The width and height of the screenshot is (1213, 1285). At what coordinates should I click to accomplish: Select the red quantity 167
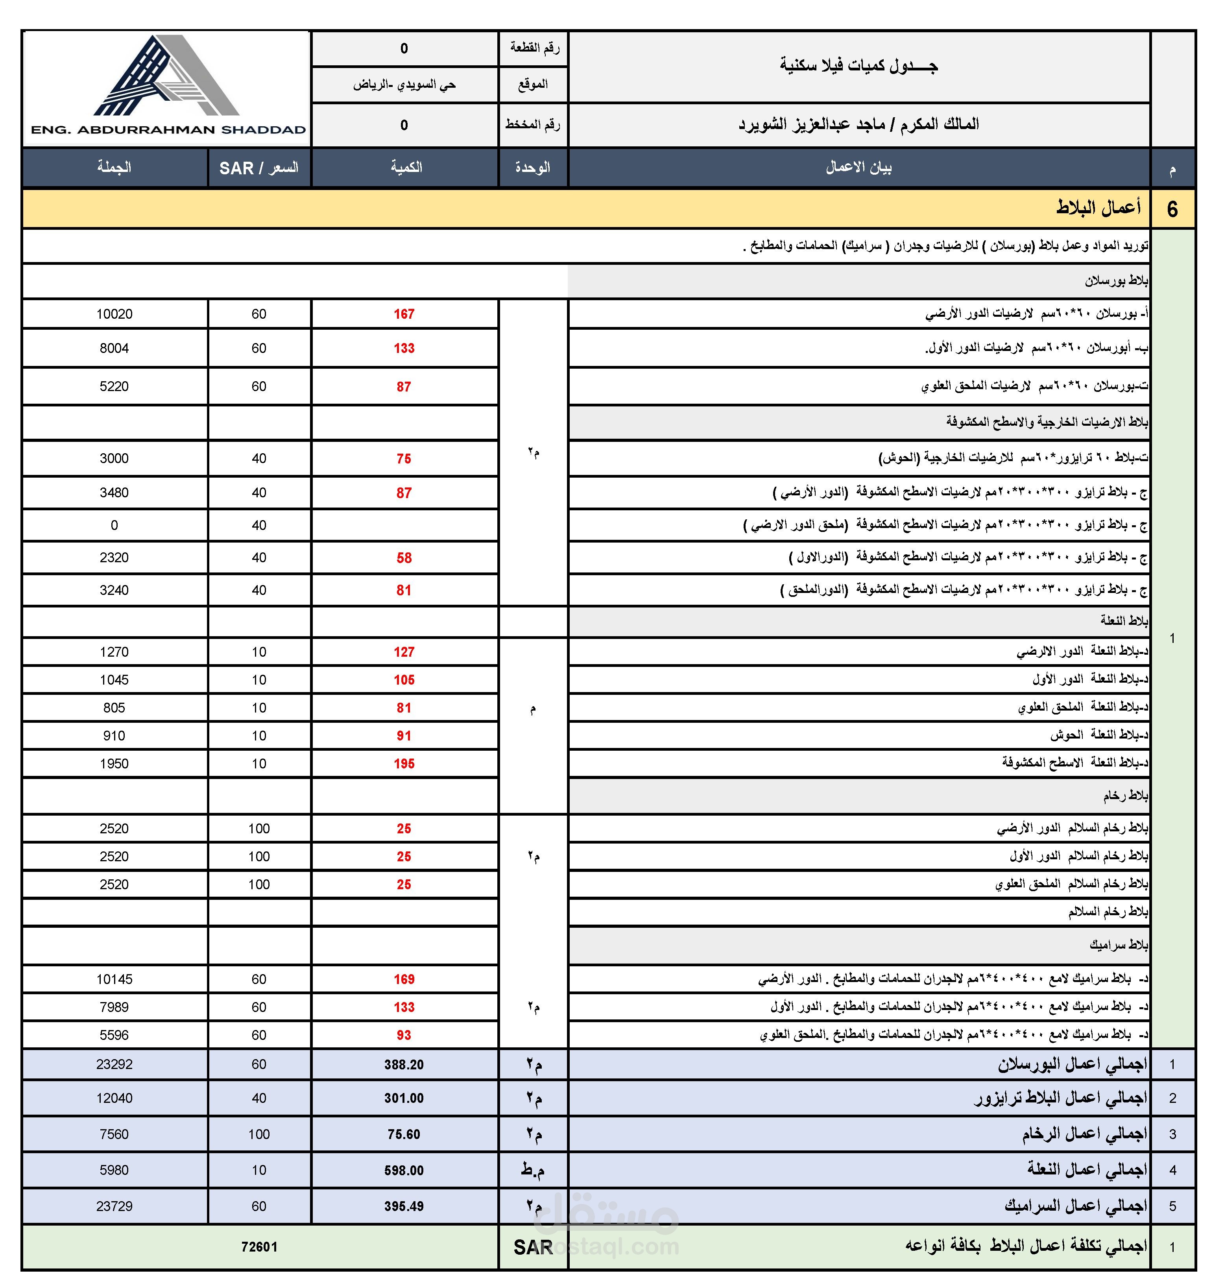tap(404, 314)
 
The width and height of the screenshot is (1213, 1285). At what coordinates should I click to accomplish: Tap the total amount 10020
tap(114, 314)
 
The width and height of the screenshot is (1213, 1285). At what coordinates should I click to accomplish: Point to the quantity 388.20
tap(404, 1065)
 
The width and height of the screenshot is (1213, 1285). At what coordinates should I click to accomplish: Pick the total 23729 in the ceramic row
tap(114, 1206)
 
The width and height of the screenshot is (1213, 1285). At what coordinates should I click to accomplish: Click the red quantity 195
tap(404, 764)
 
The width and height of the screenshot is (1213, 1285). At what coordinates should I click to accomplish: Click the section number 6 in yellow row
tap(1172, 209)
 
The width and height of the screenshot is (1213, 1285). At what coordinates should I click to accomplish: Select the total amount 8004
tap(114, 349)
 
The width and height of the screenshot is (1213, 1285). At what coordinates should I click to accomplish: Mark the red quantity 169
tap(404, 979)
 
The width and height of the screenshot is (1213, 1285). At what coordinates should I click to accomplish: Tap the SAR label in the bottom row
tap(533, 1247)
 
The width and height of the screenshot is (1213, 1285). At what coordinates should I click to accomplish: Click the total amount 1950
tap(114, 764)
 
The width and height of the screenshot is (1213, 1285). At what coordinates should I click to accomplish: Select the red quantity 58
tap(404, 558)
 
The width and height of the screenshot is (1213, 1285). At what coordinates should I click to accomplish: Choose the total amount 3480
tap(114, 493)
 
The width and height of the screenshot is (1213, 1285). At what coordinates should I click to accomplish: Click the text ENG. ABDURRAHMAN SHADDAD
tap(168, 129)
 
